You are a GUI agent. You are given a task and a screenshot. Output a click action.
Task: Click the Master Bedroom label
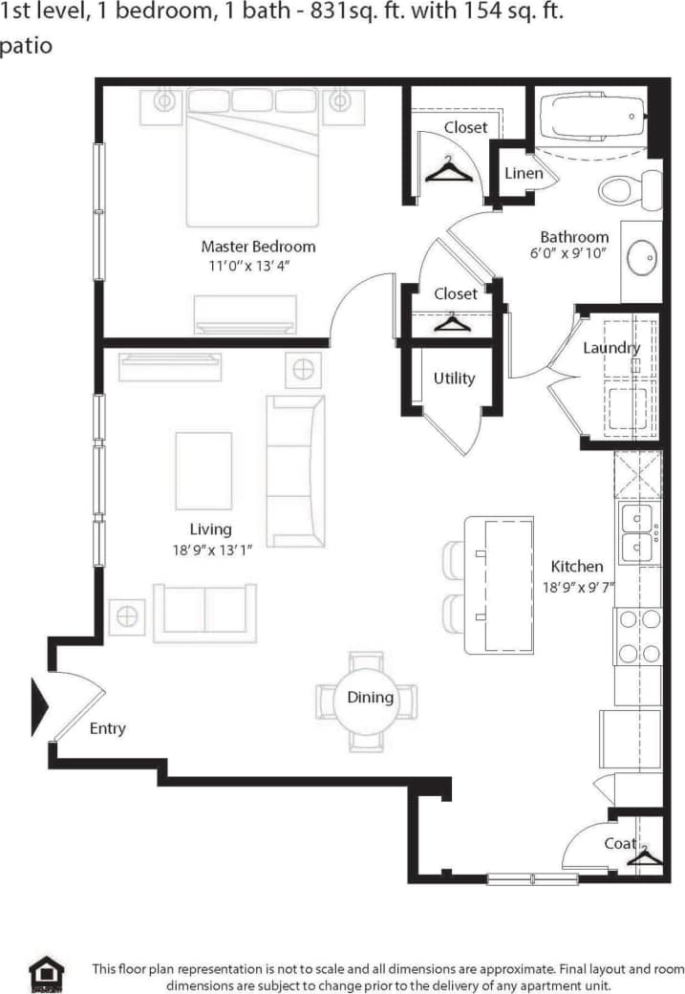[x=258, y=247]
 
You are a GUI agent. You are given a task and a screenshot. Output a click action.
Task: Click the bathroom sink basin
[x=640, y=256]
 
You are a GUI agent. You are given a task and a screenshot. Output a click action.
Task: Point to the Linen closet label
[x=523, y=173]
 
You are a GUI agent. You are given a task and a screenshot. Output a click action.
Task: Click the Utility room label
[x=454, y=378]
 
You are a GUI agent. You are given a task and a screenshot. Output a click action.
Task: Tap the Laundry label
[x=611, y=348]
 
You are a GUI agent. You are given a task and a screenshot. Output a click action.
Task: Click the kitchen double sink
[x=637, y=533]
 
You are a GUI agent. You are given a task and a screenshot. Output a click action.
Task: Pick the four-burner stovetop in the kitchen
[x=638, y=637]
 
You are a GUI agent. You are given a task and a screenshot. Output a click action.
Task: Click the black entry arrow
[x=39, y=706]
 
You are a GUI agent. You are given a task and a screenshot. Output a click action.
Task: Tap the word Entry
[x=107, y=729]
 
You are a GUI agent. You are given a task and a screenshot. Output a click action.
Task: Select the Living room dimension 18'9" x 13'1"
[x=209, y=550]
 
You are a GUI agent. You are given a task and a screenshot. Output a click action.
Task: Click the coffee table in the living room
[x=203, y=470]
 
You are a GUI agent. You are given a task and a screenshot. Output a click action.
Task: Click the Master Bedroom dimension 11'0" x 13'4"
[x=248, y=267]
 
